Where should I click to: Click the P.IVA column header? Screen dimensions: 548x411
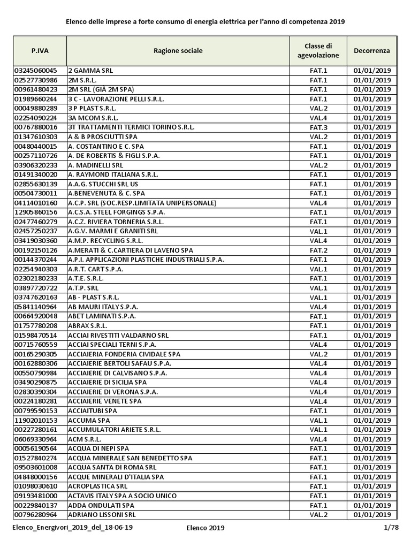[39, 51]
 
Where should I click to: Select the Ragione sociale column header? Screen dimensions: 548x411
[178, 51]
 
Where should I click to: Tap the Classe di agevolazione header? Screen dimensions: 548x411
[318, 51]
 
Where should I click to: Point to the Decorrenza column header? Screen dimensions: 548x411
[371, 51]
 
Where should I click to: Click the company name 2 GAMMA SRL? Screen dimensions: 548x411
[91, 71]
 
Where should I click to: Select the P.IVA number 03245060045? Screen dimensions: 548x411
[36, 71]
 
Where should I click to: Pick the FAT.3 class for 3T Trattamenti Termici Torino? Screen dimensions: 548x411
[318, 127]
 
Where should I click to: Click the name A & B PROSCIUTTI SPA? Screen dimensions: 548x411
[103, 137]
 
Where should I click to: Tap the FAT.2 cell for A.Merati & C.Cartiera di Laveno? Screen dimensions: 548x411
[318, 250]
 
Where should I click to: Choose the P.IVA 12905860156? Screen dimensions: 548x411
[36, 212]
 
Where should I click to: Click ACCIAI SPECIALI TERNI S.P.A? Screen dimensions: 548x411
[112, 345]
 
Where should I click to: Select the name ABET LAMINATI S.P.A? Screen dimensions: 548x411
[102, 316]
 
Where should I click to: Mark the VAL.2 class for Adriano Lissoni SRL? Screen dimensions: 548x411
[318, 515]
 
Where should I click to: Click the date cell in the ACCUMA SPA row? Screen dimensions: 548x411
[371, 420]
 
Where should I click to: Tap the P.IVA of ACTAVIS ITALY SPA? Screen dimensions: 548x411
[36, 496]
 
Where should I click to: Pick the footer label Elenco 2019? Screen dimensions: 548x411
[205, 528]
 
